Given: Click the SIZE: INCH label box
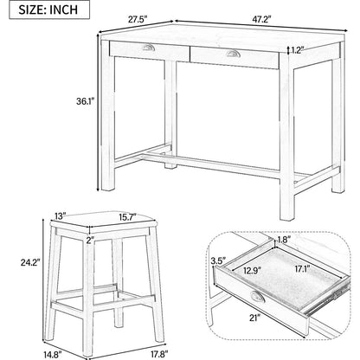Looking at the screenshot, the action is pos(49,10).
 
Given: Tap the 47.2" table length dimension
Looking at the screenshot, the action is pos(262,20).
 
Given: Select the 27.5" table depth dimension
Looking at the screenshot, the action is pos(138,20).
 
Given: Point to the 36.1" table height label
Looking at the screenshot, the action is pos(86,101).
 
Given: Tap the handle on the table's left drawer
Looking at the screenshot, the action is pos(149,48).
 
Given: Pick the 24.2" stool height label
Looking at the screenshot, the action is pos(30,262).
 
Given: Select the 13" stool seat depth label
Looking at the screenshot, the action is pos(61,215).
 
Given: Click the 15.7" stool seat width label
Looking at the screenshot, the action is pos(127,216).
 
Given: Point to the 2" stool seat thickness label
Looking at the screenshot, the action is pos(91,240).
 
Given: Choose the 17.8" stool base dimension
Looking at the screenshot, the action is pos(157,352).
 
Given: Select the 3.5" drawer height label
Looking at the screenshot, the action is pos(218,261).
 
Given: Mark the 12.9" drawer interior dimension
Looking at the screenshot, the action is pos(252,271).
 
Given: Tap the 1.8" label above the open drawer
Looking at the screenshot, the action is pos(284,239).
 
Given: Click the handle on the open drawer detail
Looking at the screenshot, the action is pos(257,297).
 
